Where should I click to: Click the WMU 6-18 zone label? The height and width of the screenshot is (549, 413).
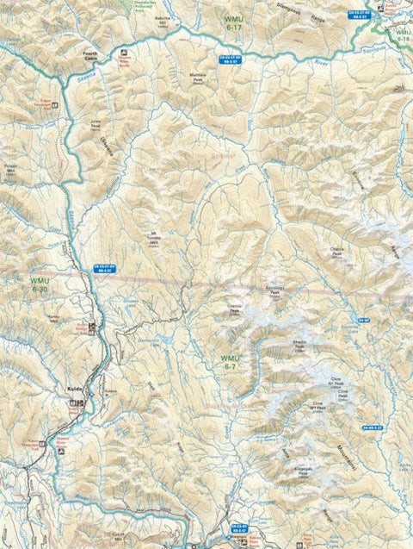[x=403, y=34]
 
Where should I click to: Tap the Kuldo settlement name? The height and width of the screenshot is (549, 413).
[x=74, y=389]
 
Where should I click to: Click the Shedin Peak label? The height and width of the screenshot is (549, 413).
[x=299, y=344]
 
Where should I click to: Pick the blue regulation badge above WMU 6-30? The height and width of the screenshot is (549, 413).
[x=103, y=269]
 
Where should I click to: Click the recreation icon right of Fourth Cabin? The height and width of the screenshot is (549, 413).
[x=123, y=58]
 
